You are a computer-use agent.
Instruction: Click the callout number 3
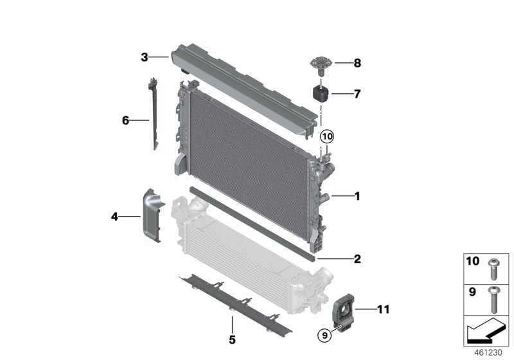145,58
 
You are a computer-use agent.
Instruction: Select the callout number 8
357,63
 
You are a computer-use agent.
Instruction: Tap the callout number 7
357,94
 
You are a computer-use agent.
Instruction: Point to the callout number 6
126,120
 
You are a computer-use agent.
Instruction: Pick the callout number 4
114,217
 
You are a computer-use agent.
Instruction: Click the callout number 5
232,338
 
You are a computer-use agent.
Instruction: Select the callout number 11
384,310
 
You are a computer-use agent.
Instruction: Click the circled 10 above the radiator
327,136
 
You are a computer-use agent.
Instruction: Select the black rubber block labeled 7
320,93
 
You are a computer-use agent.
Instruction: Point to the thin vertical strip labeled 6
154,116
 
